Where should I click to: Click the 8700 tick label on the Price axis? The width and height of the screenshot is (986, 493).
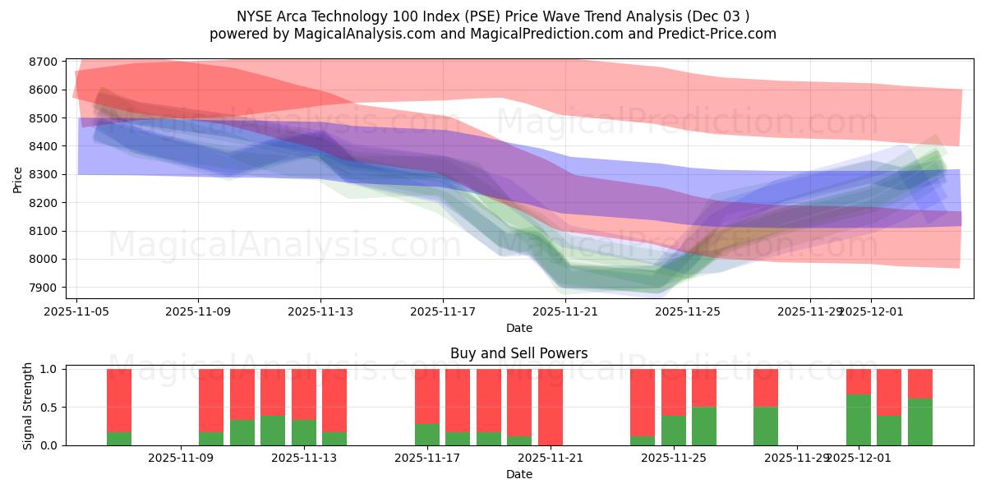(x=44, y=62)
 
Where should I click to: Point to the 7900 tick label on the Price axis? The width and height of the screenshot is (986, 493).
(x=44, y=288)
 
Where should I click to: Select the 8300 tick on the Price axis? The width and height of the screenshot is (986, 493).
(x=44, y=175)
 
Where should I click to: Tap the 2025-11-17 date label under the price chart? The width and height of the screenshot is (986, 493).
(x=443, y=311)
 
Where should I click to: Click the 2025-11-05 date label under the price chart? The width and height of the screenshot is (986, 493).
(x=76, y=311)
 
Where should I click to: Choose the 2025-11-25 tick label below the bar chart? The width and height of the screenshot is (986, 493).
(x=674, y=458)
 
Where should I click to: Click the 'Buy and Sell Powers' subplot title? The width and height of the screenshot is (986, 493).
(x=518, y=354)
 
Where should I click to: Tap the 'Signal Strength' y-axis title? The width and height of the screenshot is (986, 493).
(x=28, y=407)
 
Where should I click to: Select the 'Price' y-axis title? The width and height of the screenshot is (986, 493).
(x=18, y=178)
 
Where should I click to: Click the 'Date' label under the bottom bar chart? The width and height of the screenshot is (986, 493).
(x=518, y=474)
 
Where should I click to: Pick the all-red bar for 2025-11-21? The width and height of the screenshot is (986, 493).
(x=551, y=407)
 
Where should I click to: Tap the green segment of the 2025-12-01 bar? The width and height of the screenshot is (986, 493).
(x=859, y=420)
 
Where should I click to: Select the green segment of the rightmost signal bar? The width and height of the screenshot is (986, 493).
(x=920, y=422)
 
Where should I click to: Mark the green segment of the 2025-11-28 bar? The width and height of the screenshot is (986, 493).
(x=766, y=426)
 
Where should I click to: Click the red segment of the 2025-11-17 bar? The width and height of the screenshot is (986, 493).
(x=427, y=396)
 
